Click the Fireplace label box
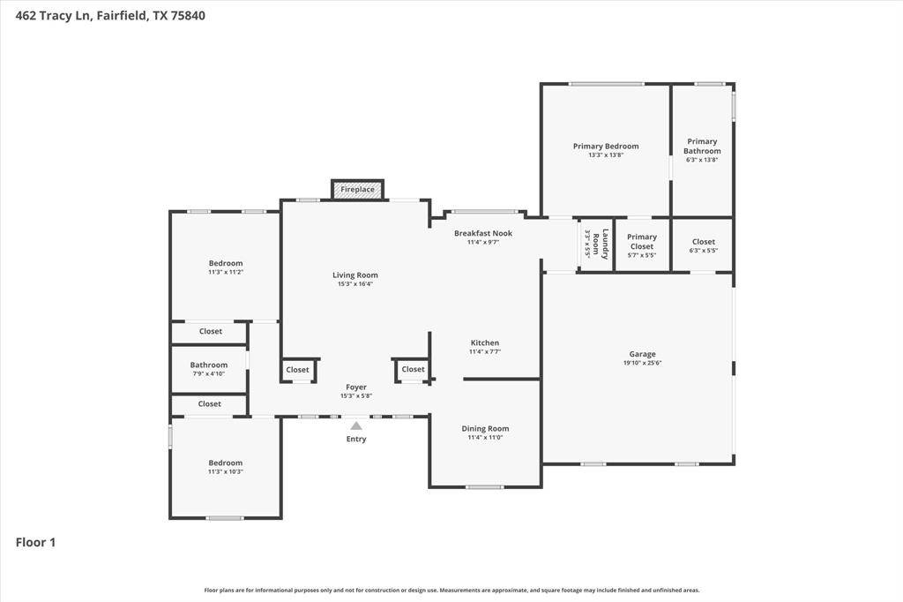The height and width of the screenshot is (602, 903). (357, 190)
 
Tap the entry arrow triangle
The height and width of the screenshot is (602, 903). (356, 425)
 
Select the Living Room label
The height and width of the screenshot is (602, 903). (354, 275)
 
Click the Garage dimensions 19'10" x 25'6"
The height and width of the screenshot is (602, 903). (642, 363)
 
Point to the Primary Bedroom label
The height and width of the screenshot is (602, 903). (605, 147)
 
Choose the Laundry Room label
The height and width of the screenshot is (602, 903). (601, 245)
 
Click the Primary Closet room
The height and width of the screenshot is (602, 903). (642, 245)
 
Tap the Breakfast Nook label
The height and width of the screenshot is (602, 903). (482, 233)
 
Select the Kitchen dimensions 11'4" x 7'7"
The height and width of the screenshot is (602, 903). (484, 351)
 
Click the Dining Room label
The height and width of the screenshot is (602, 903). (485, 429)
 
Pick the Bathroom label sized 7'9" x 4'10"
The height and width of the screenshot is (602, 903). (209, 365)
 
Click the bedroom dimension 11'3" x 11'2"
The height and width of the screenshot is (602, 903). (225, 272)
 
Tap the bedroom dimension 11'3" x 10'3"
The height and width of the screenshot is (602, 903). (225, 471)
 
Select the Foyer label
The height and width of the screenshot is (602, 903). (355, 387)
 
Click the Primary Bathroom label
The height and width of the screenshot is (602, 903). (702, 146)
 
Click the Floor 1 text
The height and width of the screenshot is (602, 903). (36, 543)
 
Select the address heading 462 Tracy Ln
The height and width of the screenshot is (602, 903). (111, 15)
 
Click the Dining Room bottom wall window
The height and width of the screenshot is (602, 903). (485, 486)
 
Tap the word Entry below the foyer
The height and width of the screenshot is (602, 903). (356, 439)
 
